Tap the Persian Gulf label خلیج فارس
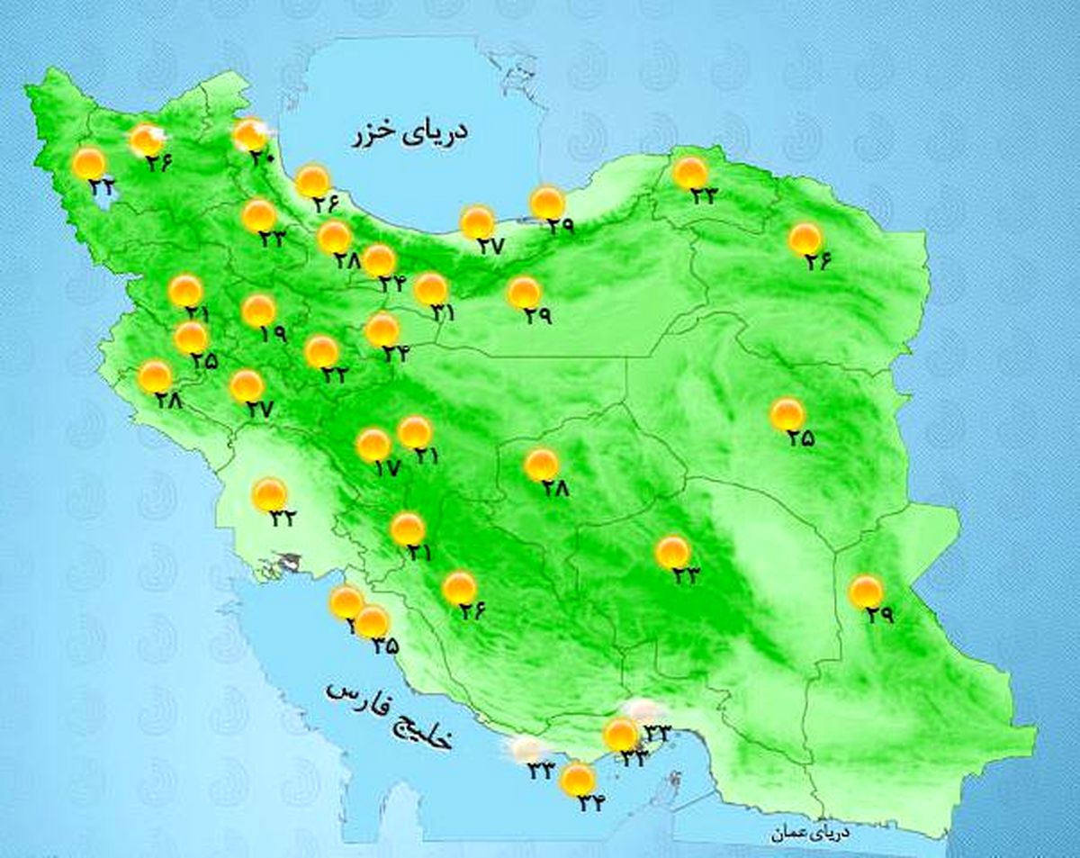tap(390, 715)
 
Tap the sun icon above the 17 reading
tap(373, 445)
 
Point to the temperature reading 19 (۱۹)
tap(274, 333)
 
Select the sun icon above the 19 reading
tap(258, 311)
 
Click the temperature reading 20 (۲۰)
tap(262, 157)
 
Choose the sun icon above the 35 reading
tap(372, 621)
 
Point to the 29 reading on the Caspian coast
tap(560, 228)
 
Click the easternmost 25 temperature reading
tap(801, 438)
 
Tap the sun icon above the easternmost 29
tap(866, 592)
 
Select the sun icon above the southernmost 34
tap(577, 780)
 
